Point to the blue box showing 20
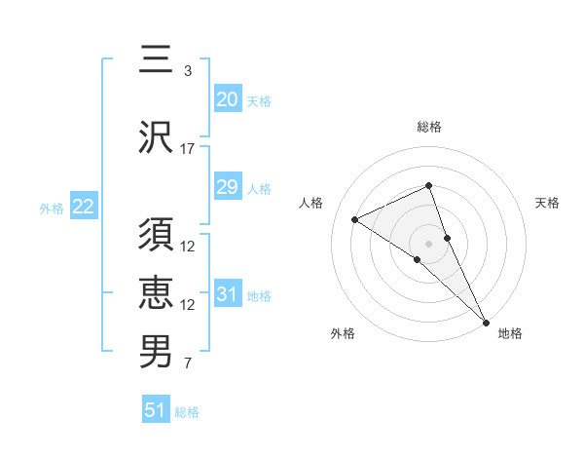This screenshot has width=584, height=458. point(227,99)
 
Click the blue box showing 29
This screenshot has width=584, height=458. point(227,187)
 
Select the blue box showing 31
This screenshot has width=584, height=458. point(227,294)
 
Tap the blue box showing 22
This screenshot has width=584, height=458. point(83,207)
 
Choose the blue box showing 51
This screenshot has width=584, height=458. point(156,410)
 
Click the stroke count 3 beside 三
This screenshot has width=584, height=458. point(187,70)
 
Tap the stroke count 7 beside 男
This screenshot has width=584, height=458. point(187,364)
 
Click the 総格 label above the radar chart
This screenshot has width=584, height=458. point(428,127)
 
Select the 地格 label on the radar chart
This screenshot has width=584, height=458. point(510,333)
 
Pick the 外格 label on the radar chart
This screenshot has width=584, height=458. point(343,333)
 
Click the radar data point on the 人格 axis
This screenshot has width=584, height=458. point(354,219)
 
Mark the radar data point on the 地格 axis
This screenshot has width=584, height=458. point(486,321)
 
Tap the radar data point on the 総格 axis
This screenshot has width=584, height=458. point(428,186)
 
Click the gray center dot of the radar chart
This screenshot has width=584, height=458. point(428,243)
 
